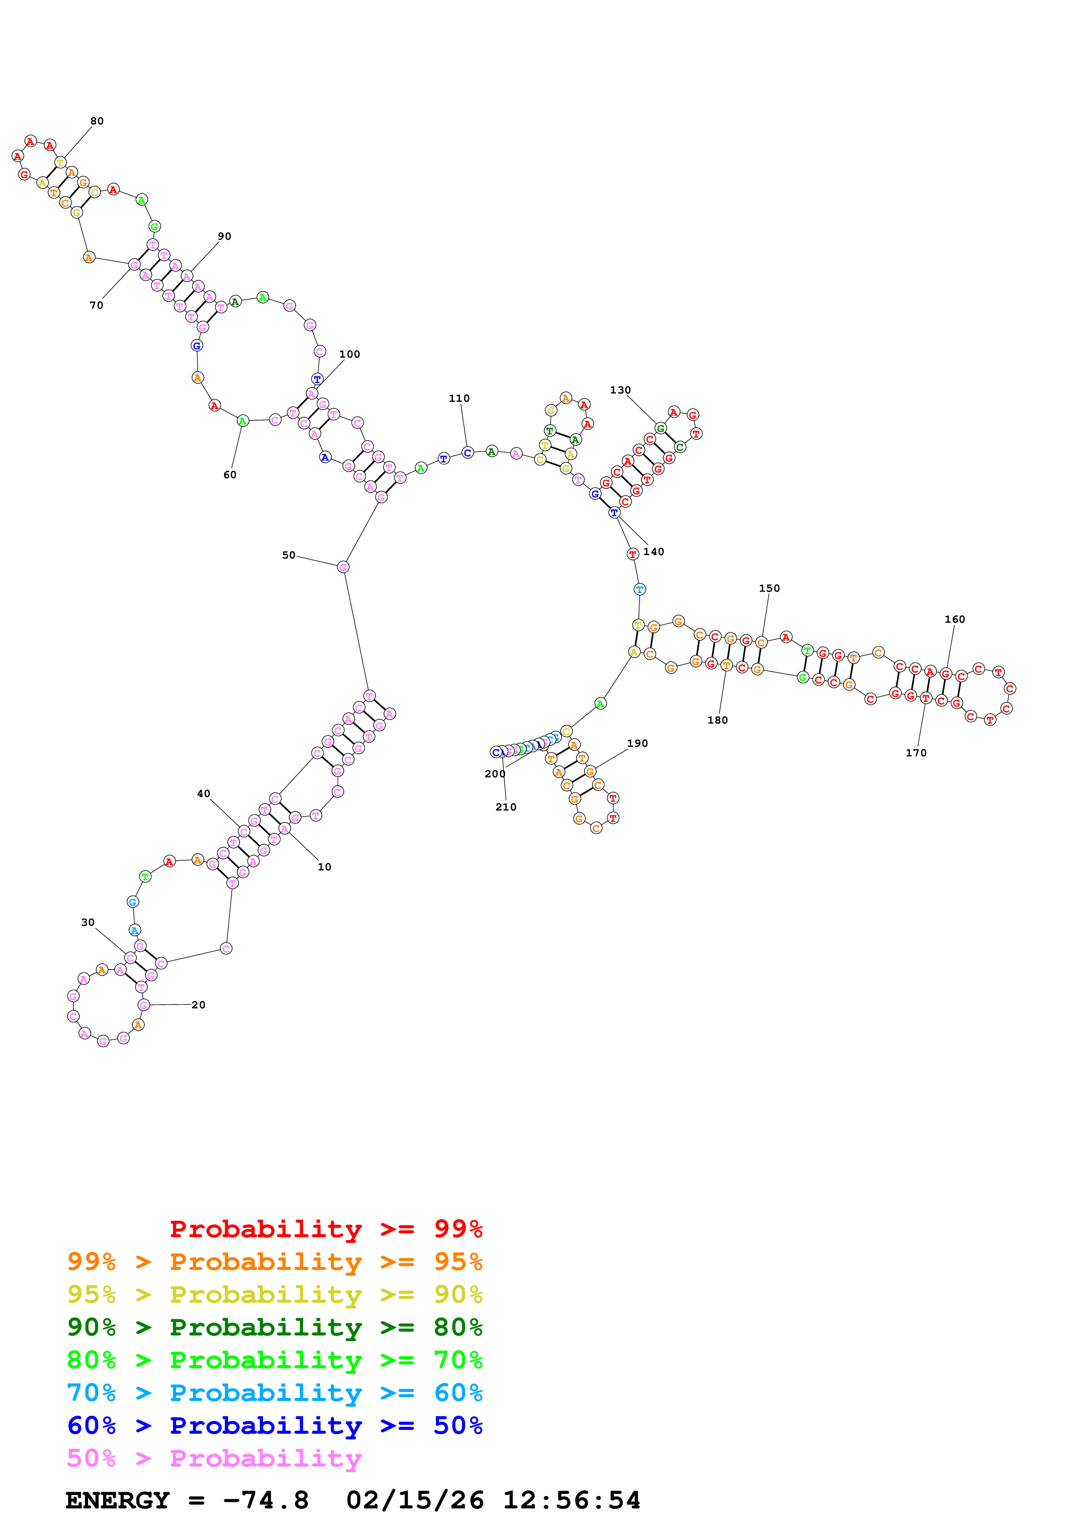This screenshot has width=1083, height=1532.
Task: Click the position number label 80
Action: point(97,121)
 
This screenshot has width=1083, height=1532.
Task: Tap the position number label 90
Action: point(224,236)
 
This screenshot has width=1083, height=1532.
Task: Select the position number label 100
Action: point(349,354)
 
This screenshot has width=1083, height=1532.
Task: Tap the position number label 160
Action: point(954,619)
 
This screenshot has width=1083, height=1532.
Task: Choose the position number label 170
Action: point(916,752)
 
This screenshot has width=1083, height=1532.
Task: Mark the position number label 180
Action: point(717,720)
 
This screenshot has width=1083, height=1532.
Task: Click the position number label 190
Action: point(637,743)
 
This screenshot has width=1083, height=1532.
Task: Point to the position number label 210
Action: point(506,807)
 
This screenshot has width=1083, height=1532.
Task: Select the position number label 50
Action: point(288,555)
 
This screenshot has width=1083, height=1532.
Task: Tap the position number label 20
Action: point(198,1005)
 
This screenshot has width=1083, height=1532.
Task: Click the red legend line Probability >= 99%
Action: point(325,1228)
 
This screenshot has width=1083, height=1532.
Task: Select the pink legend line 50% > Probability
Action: point(214,1458)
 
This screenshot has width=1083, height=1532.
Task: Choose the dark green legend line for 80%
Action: point(274,1327)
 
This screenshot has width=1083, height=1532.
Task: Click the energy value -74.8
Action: point(266,1500)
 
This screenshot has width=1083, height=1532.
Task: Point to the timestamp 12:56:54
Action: point(571,1500)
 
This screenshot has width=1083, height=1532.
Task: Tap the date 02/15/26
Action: point(415,1500)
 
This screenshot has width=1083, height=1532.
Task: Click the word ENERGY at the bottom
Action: point(118,1500)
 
